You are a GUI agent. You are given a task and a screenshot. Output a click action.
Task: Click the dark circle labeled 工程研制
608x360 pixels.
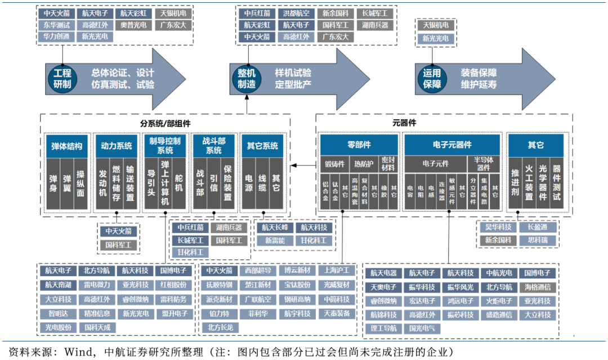(x=62, y=79)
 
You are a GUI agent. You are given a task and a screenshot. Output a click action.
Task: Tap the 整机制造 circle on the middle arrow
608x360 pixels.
(x=247, y=79)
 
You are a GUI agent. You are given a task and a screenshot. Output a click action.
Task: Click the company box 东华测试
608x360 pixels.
(x=56, y=25)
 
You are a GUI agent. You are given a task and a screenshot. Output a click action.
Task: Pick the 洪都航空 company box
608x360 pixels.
(x=296, y=12)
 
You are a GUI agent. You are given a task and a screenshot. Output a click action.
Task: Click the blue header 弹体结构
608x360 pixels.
(x=66, y=146)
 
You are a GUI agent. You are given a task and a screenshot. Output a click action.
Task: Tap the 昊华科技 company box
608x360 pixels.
(x=498, y=227)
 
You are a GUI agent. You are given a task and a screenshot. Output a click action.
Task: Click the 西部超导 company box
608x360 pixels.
(x=257, y=271)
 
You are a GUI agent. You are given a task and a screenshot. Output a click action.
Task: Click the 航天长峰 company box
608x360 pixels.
(x=274, y=227)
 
